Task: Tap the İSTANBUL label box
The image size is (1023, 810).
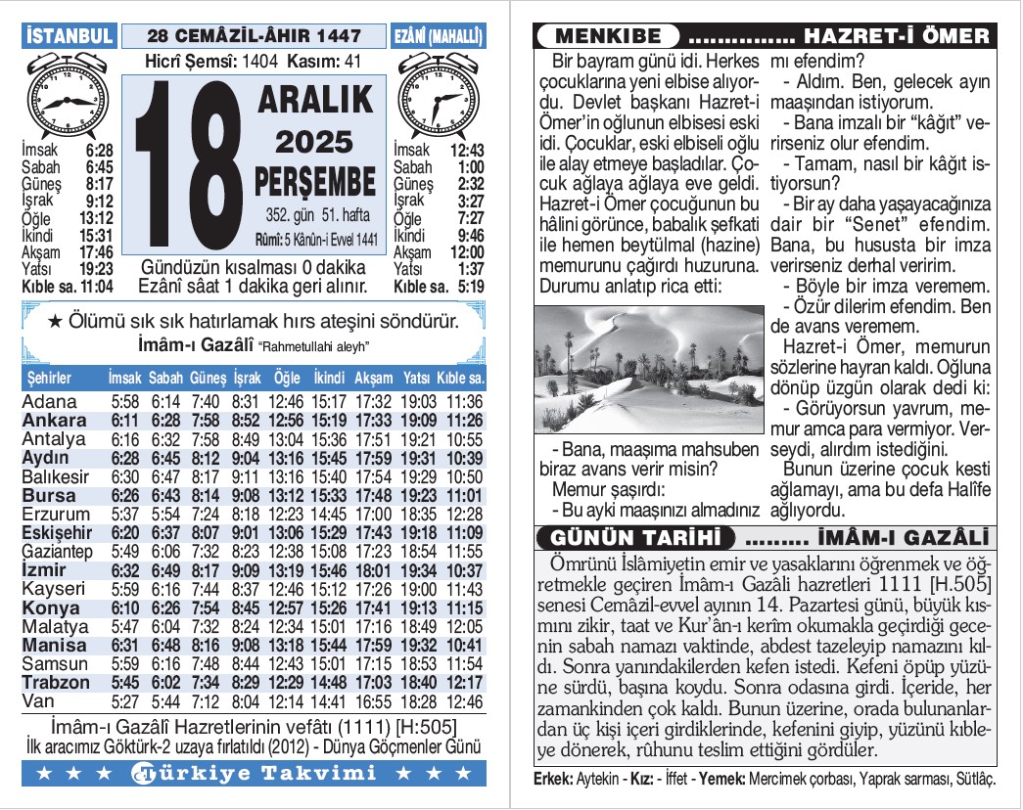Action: [x=69, y=36]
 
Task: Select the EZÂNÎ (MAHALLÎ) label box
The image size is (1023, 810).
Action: [x=439, y=36]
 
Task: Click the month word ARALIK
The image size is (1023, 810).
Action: [x=315, y=100]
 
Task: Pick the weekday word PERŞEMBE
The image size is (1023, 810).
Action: [x=315, y=181]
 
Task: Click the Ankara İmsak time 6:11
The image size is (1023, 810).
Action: [x=125, y=421]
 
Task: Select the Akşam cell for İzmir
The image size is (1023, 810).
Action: [x=372, y=570]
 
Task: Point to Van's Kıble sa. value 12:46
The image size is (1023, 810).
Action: [x=464, y=701]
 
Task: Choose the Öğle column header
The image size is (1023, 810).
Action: [x=287, y=378]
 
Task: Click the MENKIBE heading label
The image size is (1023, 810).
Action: [x=608, y=37]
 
